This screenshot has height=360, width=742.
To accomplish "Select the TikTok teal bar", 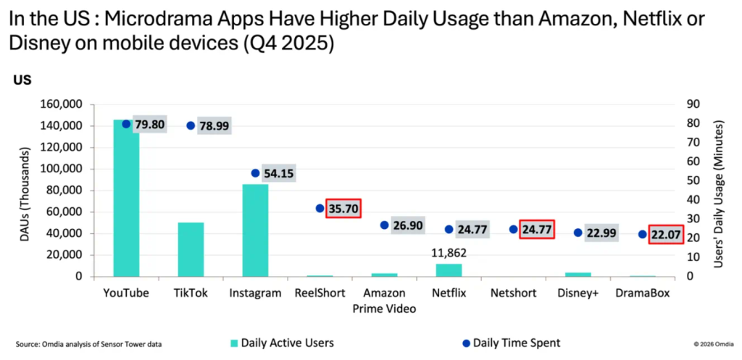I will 191,249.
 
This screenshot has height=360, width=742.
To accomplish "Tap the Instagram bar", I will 255,230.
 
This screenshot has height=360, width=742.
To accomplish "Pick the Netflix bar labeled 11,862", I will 449,269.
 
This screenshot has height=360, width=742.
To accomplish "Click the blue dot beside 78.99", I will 191,125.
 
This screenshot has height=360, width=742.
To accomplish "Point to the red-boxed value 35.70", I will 343,209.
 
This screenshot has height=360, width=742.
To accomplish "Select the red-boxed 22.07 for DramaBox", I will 665,234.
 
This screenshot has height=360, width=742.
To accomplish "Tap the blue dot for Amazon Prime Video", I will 385,225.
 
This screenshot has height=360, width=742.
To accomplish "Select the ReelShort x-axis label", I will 320,293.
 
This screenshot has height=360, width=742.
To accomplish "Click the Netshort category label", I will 513,293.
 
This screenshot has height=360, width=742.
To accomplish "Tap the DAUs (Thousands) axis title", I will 27,191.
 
